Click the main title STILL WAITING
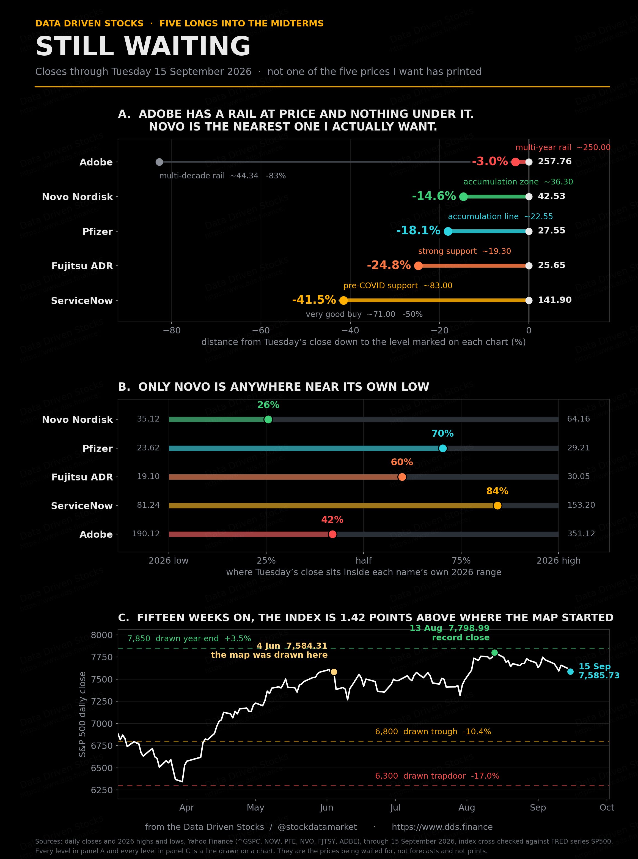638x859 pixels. [x=143, y=46]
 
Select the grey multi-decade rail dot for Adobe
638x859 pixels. [x=159, y=162]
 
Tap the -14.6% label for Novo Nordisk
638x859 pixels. [x=434, y=196]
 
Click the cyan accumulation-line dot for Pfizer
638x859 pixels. [x=448, y=231]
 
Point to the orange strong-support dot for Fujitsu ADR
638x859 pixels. [x=418, y=266]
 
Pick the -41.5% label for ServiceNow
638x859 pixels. [x=314, y=300]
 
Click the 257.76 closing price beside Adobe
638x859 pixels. [x=555, y=161]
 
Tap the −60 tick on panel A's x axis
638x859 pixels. [x=261, y=331]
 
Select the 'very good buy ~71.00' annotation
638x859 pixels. [x=351, y=314]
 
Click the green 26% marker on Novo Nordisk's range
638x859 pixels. [x=268, y=419]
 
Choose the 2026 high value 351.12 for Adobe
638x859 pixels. [x=581, y=534]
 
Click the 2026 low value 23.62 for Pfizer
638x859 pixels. [x=148, y=448]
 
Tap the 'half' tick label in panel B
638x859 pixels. [x=364, y=561]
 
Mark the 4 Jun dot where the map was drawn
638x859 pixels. [x=334, y=672]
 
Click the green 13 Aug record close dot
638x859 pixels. [x=494, y=653]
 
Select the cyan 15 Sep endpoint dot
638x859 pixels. [x=570, y=672]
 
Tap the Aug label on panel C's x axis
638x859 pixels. [x=466, y=808]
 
